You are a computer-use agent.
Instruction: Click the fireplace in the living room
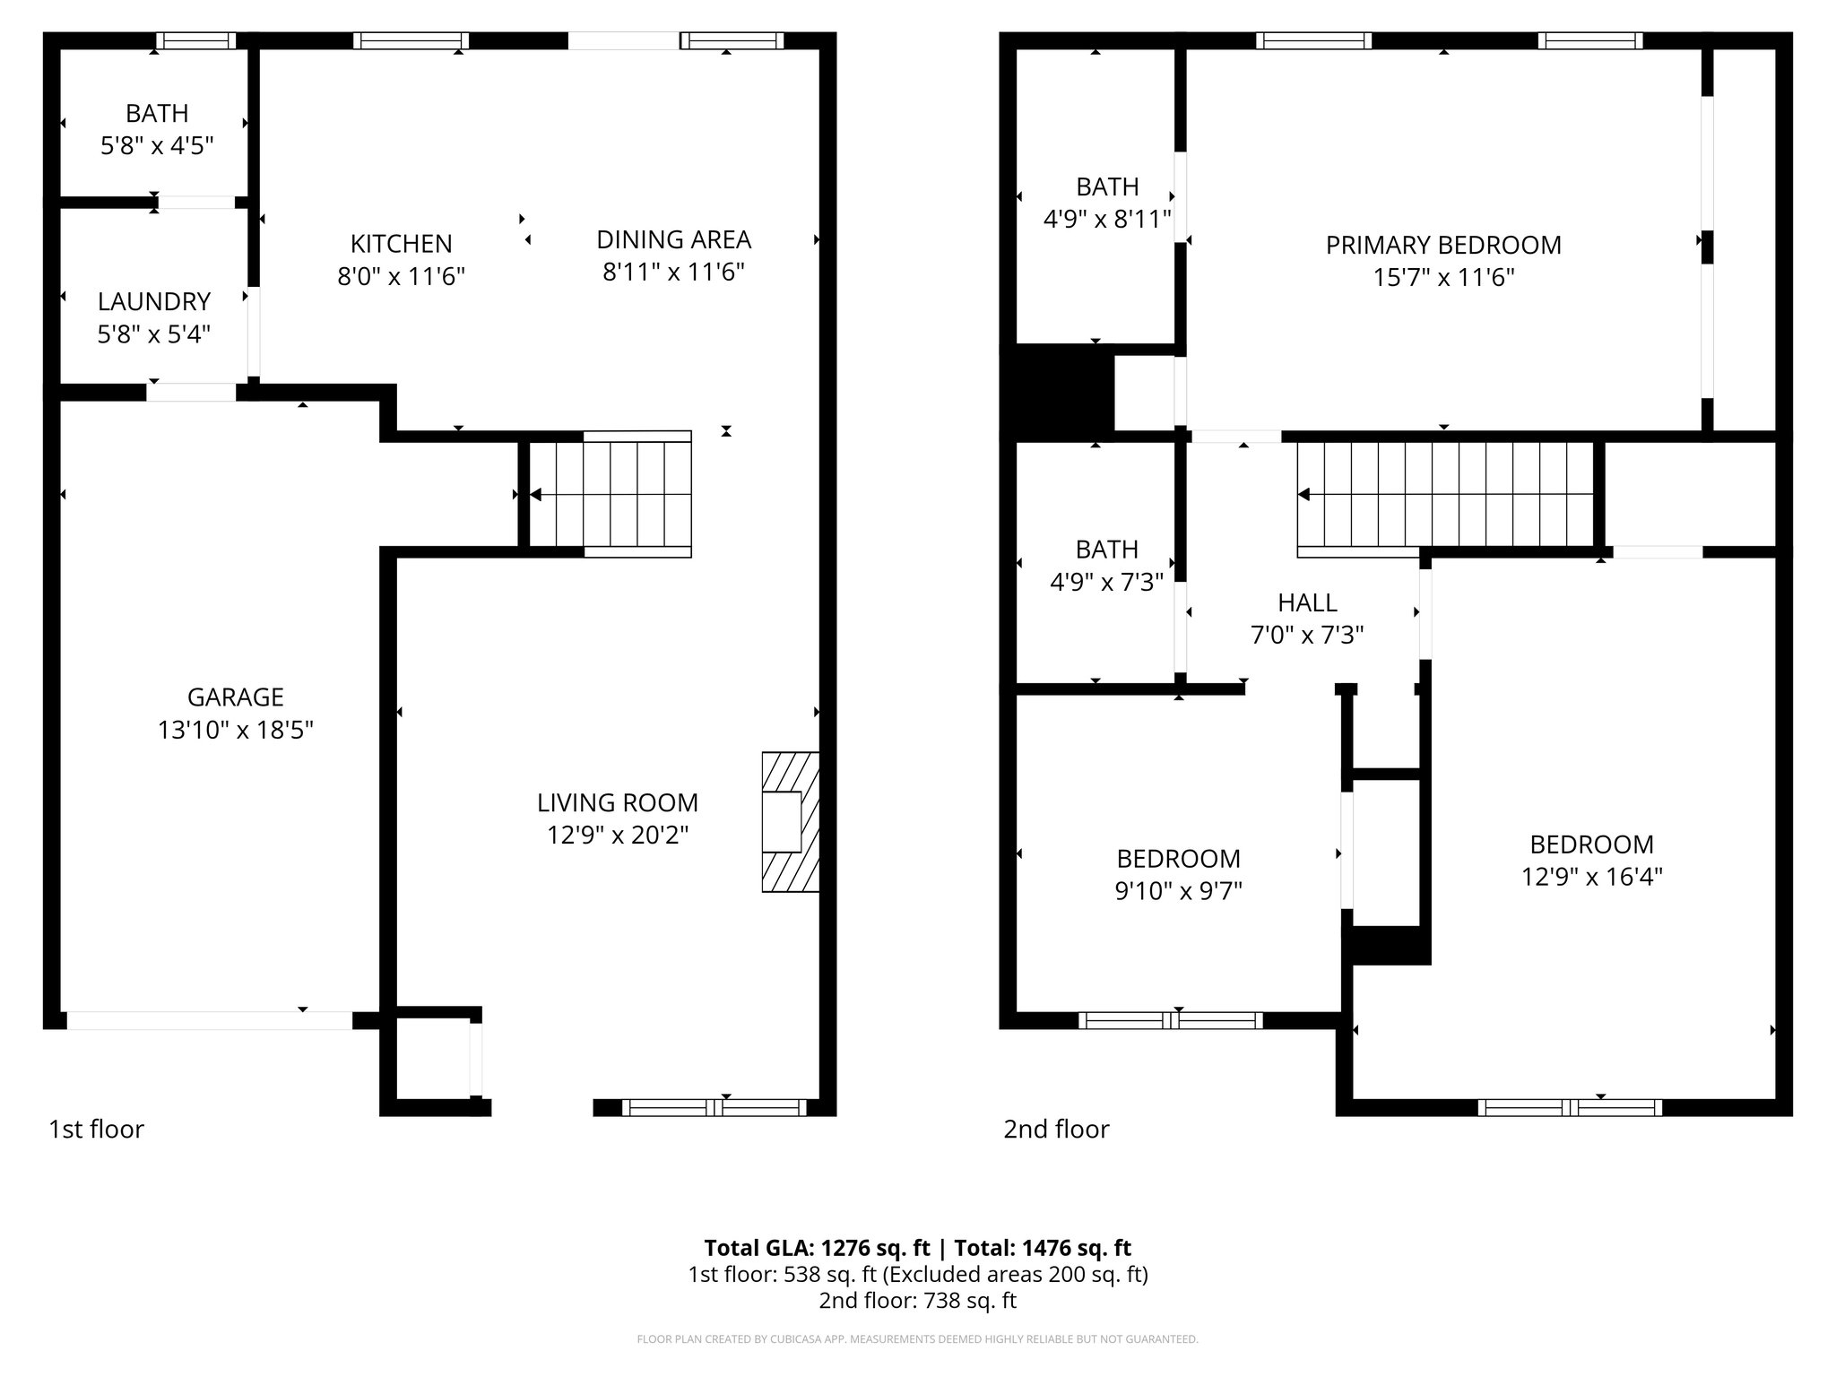point(790,821)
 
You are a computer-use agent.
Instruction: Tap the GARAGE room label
point(235,697)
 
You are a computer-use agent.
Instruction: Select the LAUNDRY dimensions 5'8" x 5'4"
point(154,334)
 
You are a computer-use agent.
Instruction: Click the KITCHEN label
point(401,243)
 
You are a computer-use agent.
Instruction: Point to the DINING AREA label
point(673,239)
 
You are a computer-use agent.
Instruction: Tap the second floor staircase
point(1445,494)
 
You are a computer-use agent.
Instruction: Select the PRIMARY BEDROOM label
point(1443,245)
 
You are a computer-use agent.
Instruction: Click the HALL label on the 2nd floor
point(1307,602)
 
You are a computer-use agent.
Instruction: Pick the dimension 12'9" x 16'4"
point(1591,877)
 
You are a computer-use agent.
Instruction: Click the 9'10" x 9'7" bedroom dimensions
point(1178,891)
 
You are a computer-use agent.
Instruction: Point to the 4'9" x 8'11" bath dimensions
point(1107,219)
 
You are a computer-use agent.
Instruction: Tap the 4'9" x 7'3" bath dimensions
point(1106,582)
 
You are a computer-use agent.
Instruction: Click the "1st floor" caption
point(96,1129)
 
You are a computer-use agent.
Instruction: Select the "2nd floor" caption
point(1056,1129)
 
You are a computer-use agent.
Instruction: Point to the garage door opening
point(209,1020)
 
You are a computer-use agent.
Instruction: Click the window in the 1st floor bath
point(195,40)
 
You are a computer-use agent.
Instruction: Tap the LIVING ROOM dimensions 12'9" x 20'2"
point(618,836)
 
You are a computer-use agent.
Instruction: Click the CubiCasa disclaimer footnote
point(917,1339)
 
